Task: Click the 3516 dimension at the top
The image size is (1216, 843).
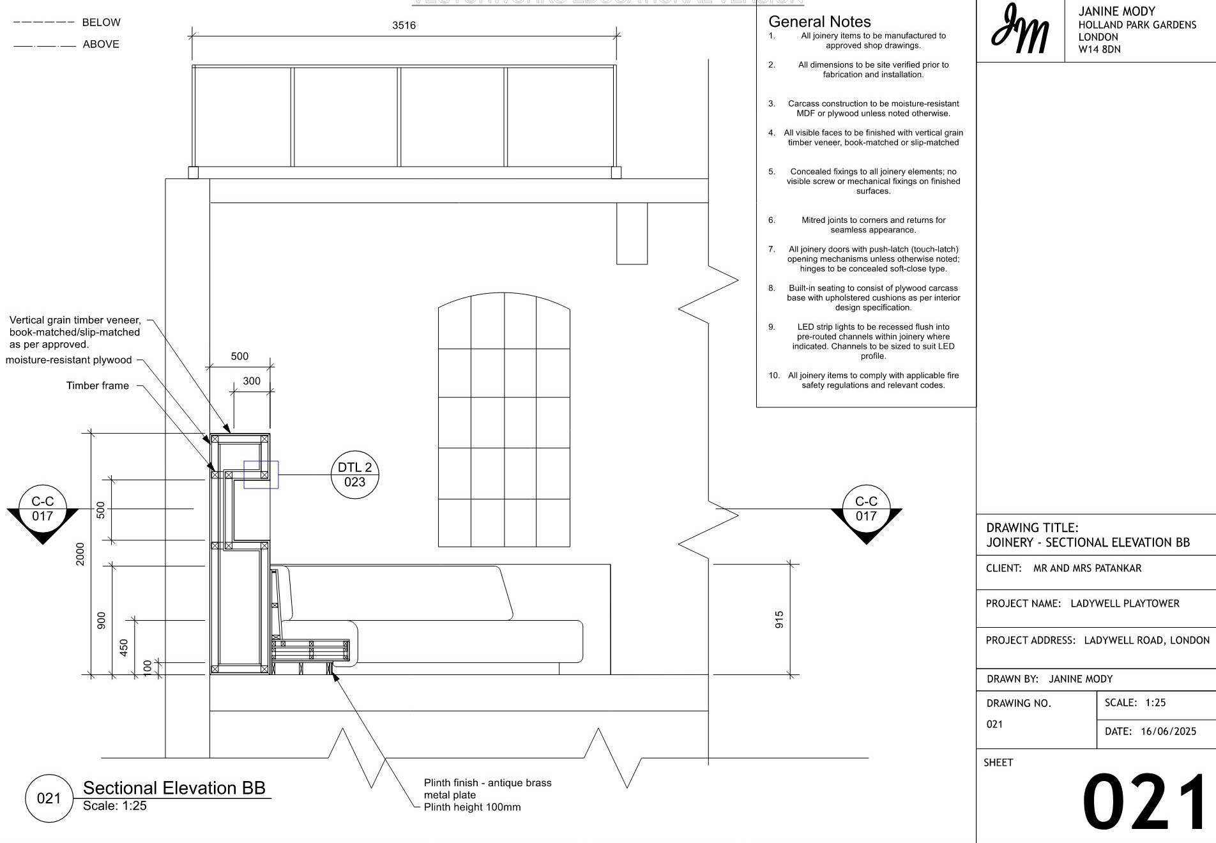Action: [404, 26]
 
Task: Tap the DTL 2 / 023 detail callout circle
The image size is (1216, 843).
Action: [355, 475]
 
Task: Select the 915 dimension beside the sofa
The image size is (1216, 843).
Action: [779, 619]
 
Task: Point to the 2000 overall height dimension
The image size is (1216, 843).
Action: [80, 554]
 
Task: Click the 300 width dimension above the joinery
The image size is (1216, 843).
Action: [252, 381]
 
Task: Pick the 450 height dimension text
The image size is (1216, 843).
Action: [124, 647]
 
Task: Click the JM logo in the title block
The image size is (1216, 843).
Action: [1020, 29]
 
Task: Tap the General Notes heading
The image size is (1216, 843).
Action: [819, 22]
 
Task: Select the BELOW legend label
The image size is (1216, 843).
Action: [101, 22]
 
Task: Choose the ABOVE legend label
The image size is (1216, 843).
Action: [101, 44]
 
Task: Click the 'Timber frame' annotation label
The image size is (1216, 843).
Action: [98, 386]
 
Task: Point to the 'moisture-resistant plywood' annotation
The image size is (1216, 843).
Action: [69, 360]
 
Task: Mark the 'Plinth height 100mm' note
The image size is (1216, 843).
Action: [472, 807]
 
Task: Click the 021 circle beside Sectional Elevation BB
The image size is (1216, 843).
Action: [49, 798]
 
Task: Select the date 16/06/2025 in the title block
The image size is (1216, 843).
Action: [1168, 731]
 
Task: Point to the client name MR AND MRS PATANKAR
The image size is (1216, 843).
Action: [1087, 568]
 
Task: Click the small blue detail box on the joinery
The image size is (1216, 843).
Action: [261, 475]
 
